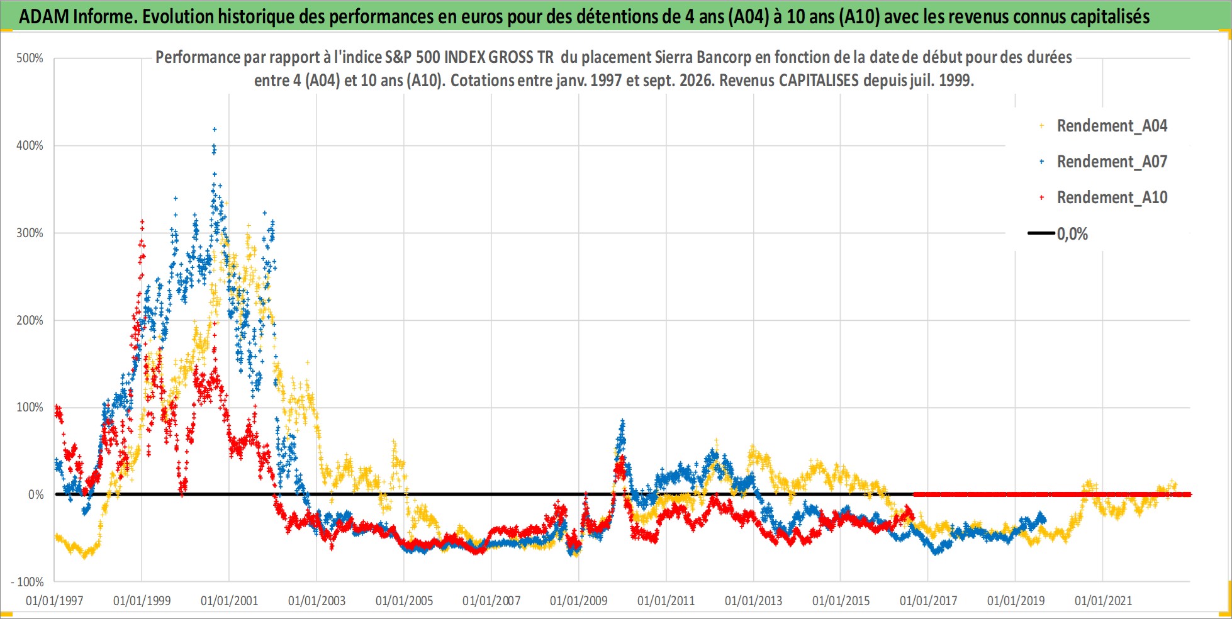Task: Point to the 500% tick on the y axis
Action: click(x=30, y=59)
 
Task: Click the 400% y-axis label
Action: click(x=30, y=145)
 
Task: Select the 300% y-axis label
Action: click(x=30, y=233)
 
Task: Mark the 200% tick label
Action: click(x=30, y=320)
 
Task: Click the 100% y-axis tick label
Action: click(x=30, y=407)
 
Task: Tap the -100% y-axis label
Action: click(x=27, y=582)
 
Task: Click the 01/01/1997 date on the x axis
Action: click(x=55, y=601)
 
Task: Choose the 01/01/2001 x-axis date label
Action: click(x=230, y=601)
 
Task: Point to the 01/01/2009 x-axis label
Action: click(x=579, y=601)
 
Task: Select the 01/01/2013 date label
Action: click(x=754, y=601)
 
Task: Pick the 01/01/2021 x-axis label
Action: click(x=1104, y=601)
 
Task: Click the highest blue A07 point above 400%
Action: click(x=215, y=130)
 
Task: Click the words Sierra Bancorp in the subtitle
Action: click(x=702, y=57)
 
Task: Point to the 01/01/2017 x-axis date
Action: click(x=929, y=601)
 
